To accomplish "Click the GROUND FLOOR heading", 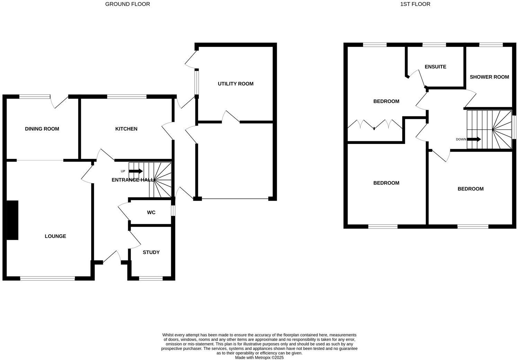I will (x=128, y=4).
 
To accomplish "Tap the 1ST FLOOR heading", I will (x=415, y=4).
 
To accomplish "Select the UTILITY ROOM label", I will (x=236, y=84).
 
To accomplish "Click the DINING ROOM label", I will (x=42, y=129).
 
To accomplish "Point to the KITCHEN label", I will (x=126, y=129).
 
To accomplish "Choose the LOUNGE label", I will (x=55, y=236).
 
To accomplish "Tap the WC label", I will (x=151, y=213).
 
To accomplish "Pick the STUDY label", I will (x=151, y=252).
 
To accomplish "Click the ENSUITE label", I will (x=435, y=67).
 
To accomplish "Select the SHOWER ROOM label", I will (x=489, y=77).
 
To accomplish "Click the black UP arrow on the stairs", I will (x=136, y=171).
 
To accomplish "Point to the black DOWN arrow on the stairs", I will (x=474, y=139).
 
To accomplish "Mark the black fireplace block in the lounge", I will (x=12, y=220).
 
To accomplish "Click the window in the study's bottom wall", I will (x=151, y=278).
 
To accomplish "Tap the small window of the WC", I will (x=173, y=211).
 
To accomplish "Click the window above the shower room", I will (x=491, y=45).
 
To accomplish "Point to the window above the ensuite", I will (x=434, y=45).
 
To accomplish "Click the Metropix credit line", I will (x=259, y=358).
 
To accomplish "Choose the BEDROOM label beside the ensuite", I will (x=386, y=101).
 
